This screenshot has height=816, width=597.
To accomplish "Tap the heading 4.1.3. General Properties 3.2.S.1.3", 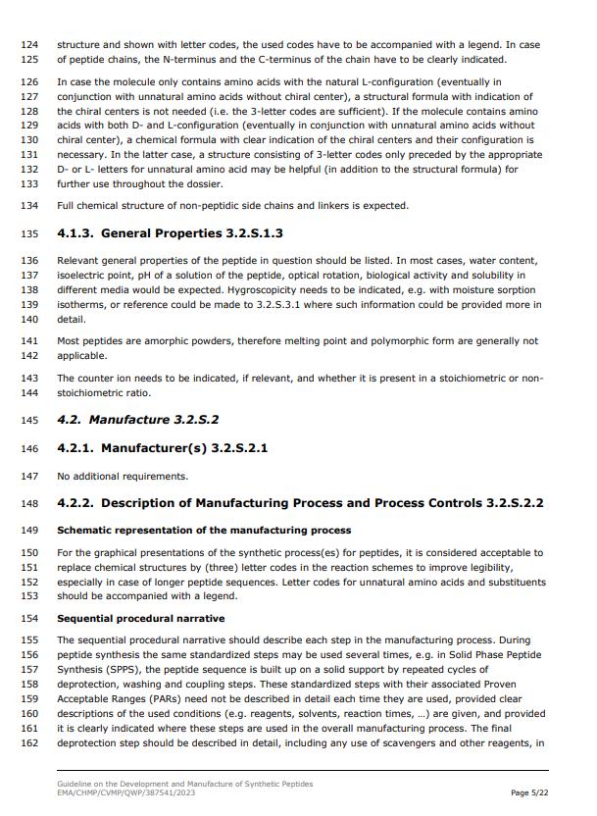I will tap(171, 233).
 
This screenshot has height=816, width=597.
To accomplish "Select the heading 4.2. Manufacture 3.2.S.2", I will tap(138, 420).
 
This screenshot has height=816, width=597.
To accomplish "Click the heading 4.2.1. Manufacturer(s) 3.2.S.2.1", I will tap(163, 448).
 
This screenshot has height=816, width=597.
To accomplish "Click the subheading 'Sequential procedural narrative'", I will tap(141, 619).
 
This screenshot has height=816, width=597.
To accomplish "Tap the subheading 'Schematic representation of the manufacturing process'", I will tap(204, 531).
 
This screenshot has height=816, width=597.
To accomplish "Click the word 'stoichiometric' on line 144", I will tap(91, 392).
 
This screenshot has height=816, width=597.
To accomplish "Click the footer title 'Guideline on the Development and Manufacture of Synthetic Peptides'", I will tap(185, 784).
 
